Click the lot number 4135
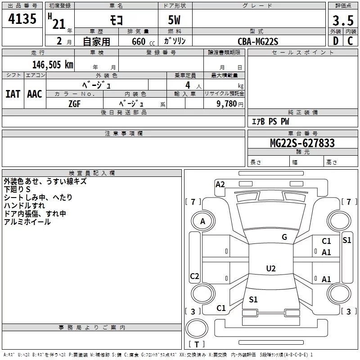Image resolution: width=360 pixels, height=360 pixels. (22, 20)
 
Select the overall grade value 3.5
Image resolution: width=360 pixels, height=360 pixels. (342, 21)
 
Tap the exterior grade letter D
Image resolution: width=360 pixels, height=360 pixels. (335, 41)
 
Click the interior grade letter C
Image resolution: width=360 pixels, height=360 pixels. (350, 41)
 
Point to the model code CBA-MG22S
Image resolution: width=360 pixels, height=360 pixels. (258, 41)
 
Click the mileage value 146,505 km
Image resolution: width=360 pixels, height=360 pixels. (53, 64)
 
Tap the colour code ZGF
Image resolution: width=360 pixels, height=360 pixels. (75, 103)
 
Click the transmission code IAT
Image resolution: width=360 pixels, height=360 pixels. (13, 94)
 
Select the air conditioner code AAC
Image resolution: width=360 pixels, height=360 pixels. (34, 94)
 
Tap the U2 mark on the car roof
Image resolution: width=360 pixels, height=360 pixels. (271, 269)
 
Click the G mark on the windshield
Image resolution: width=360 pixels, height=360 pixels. (284, 237)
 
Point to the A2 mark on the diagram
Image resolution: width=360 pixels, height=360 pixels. (220, 184)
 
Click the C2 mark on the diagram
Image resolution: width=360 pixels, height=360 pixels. (194, 276)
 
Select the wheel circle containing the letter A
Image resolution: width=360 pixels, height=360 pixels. (202, 221)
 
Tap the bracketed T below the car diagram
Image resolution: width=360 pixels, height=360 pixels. (197, 344)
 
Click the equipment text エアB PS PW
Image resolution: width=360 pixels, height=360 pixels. (270, 121)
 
